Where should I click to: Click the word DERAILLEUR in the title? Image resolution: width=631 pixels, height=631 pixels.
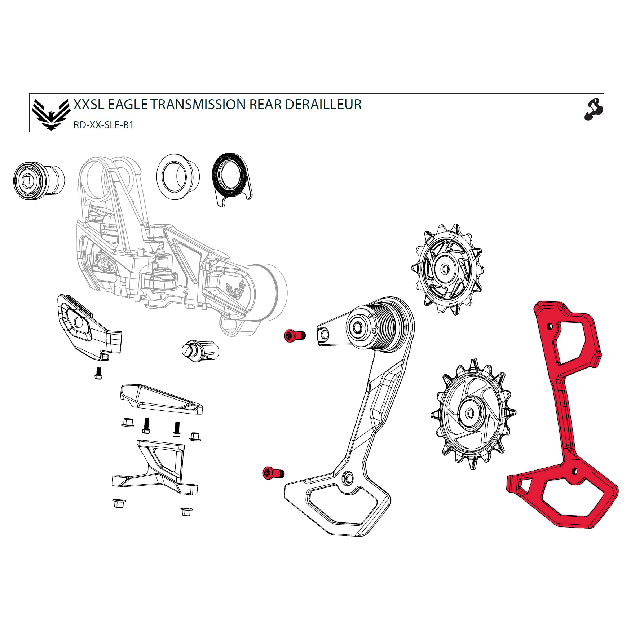(x=323, y=105)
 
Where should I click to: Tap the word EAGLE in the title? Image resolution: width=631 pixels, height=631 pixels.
(x=128, y=105)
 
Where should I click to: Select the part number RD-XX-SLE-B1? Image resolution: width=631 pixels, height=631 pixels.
(x=103, y=125)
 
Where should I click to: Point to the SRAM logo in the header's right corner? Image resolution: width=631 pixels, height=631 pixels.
(x=593, y=110)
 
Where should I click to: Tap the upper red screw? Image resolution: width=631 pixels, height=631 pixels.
(x=295, y=335)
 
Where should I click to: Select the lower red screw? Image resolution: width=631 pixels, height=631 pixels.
(x=273, y=473)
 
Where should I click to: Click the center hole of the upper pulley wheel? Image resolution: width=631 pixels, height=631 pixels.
(x=445, y=269)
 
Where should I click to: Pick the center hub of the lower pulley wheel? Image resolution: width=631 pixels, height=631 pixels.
(x=470, y=413)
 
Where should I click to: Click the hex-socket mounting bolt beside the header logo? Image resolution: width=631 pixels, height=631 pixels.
(x=37, y=180)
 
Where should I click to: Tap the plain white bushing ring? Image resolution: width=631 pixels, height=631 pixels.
(x=178, y=176)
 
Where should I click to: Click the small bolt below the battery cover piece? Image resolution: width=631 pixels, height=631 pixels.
(x=98, y=373)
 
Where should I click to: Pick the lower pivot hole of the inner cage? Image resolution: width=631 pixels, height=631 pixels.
(x=348, y=478)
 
